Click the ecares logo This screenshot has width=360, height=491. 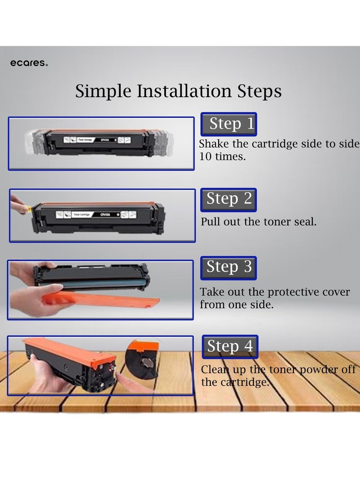29,63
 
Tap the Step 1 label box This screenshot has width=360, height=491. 229,124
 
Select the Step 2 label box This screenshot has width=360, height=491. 229,199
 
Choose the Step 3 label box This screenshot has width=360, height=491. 229,268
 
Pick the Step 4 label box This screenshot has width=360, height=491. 230,347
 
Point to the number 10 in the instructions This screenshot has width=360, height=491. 206,157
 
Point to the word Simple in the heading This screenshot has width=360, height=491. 103,91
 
